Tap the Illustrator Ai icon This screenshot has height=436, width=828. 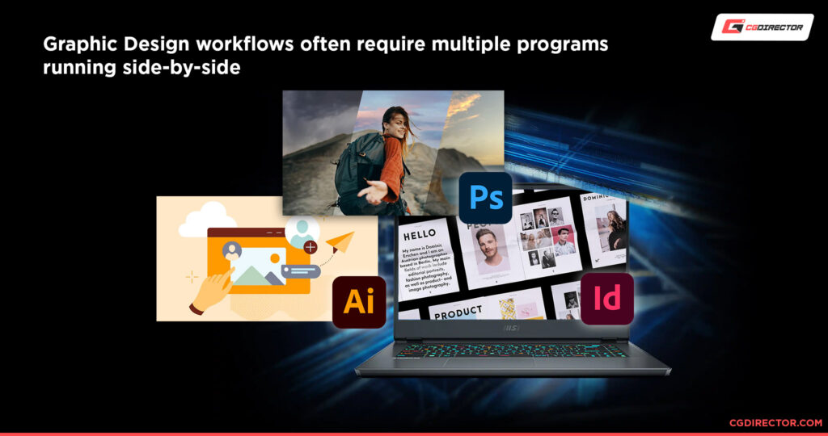tap(359, 301)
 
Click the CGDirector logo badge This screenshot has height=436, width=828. tap(762, 27)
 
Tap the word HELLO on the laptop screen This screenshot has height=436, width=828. tap(420, 233)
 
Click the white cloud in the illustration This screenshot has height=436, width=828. tap(201, 220)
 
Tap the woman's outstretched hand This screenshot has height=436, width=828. tap(374, 192)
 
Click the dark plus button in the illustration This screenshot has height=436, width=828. tap(310, 248)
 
